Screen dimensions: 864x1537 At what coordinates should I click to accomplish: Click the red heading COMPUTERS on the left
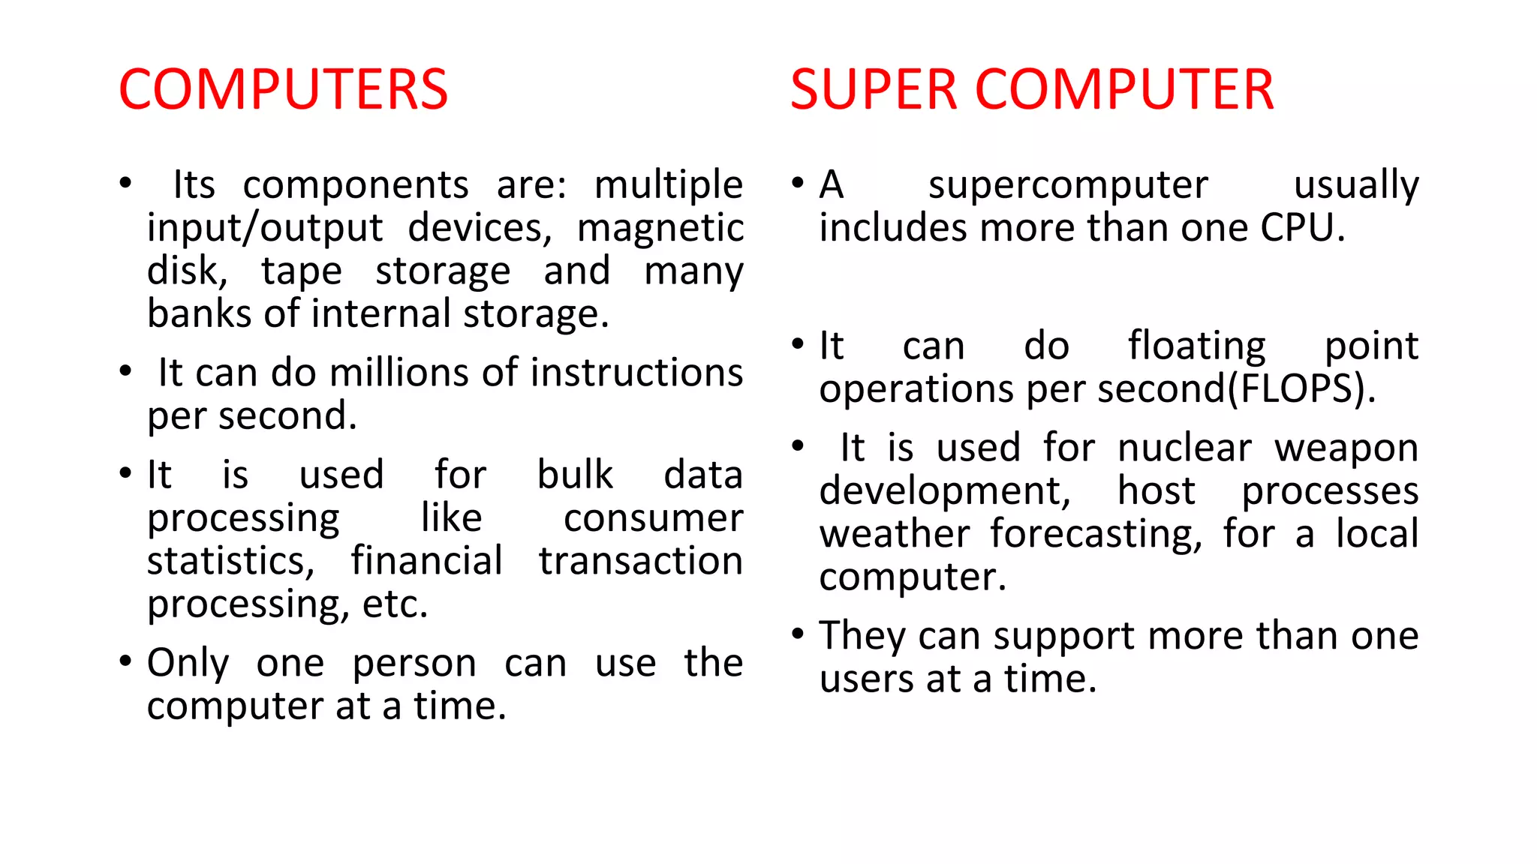coord(283,90)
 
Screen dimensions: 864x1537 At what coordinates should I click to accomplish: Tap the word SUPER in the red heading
coord(873,90)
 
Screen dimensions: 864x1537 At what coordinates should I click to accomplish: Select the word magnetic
coord(660,228)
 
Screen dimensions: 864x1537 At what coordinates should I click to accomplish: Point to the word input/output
coord(265,228)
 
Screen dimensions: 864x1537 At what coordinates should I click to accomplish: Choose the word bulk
coord(575,475)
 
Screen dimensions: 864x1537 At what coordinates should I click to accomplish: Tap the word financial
coord(426,561)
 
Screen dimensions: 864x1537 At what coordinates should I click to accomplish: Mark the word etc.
coord(395,604)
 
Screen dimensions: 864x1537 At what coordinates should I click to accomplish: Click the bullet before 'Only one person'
coord(125,661)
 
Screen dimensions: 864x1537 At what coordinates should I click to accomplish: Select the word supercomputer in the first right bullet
coord(1068,185)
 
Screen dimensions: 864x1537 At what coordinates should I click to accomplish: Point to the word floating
coord(1197,346)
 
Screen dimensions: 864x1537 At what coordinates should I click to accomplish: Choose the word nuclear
coord(1184,448)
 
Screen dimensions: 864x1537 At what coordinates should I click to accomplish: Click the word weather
coord(895,535)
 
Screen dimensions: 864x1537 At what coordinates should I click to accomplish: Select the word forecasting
coord(1096,535)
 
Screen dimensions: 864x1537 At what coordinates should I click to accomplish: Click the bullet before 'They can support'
coord(798,634)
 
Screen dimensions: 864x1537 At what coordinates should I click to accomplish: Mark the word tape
coord(302,271)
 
